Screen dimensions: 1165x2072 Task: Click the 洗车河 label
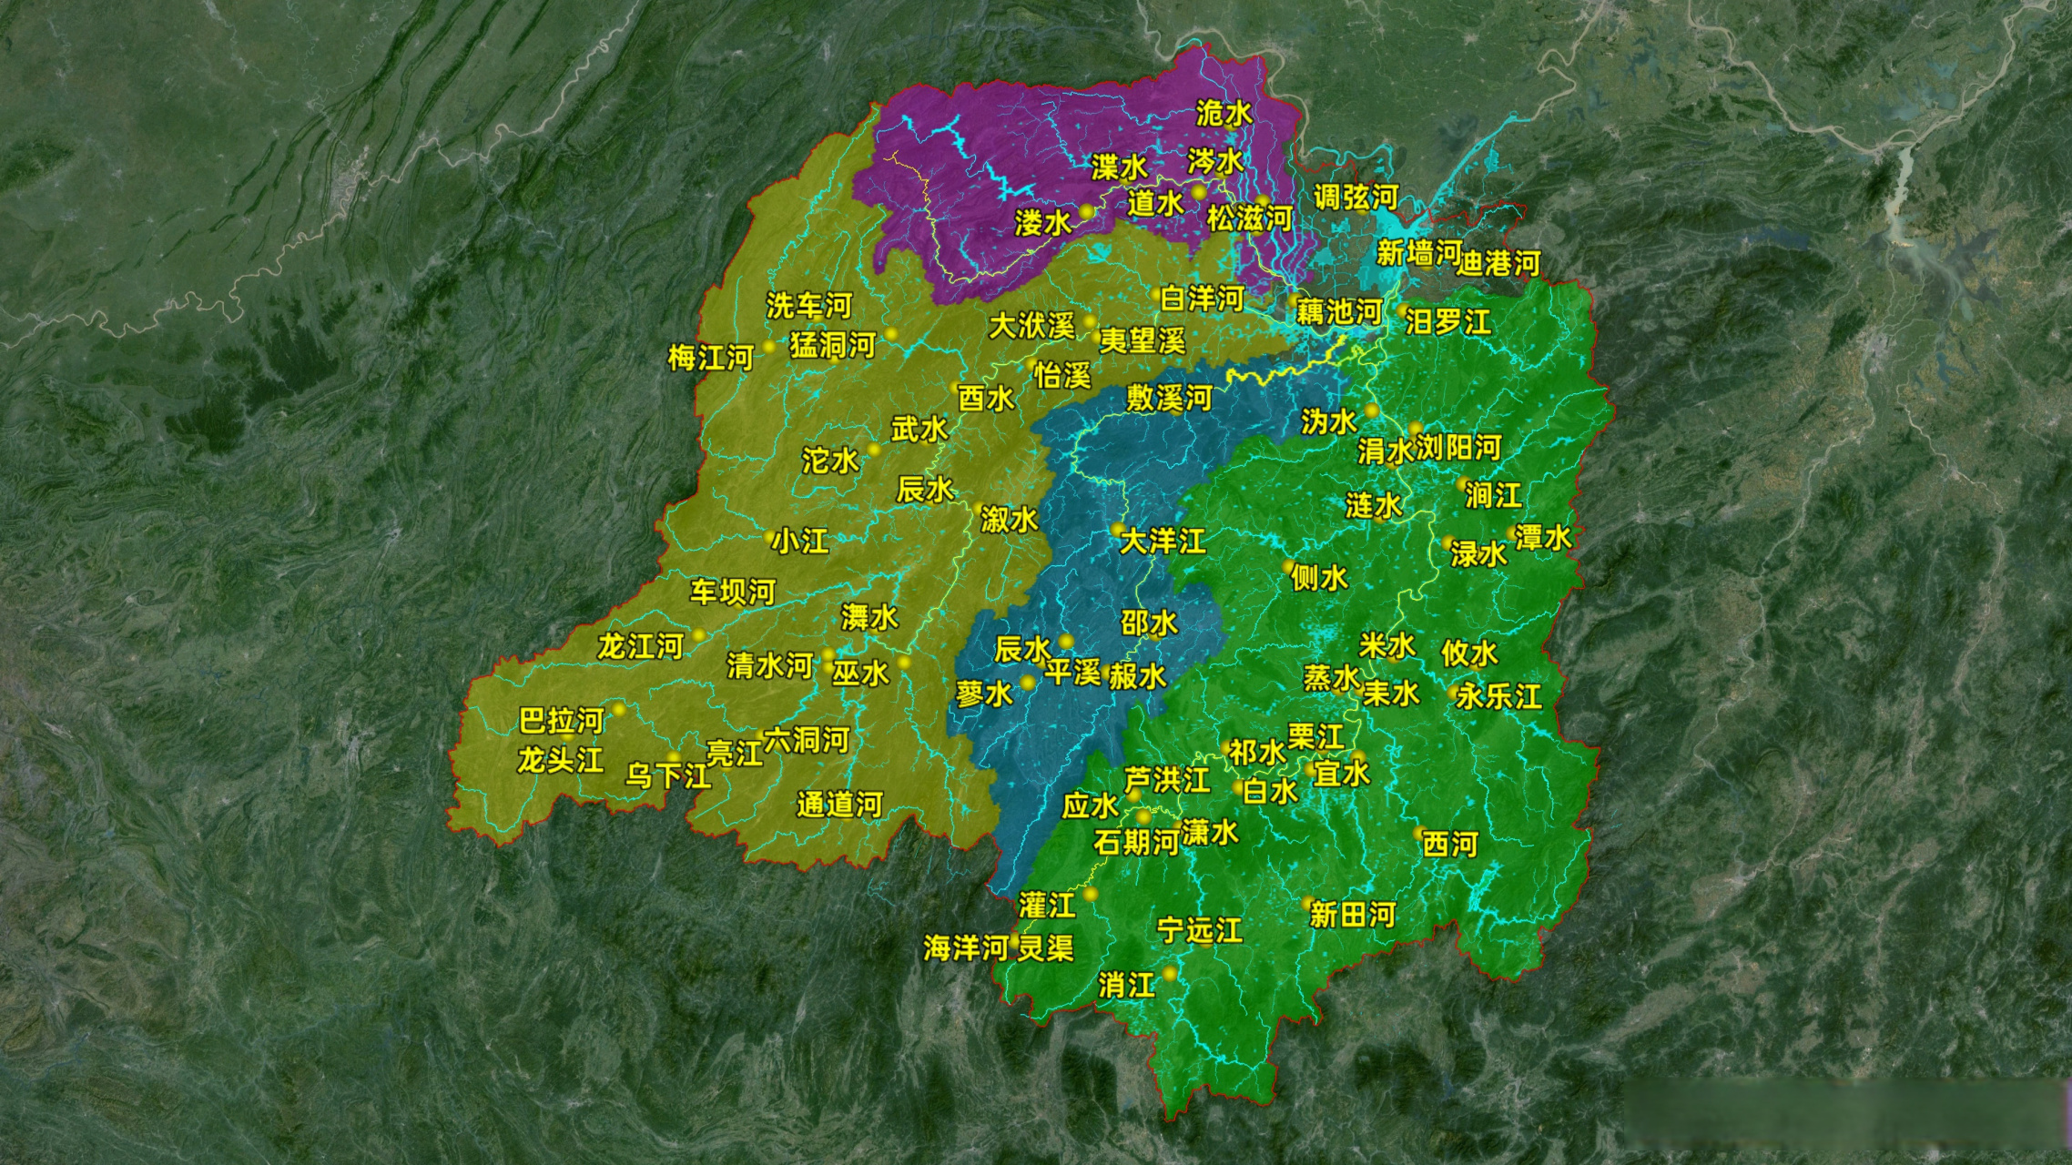click(x=808, y=306)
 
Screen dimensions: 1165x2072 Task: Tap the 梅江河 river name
click(x=710, y=357)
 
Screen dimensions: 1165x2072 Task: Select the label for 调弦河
click(x=1356, y=197)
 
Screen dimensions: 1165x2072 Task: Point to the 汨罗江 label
click(x=1447, y=321)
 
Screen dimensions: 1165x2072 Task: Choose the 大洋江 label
click(x=1163, y=542)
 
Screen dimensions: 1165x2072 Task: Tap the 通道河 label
click(x=839, y=805)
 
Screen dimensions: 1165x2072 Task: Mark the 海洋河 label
click(x=966, y=947)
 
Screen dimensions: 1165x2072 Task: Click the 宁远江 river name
click(x=1199, y=930)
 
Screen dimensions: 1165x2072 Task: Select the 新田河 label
click(x=1352, y=915)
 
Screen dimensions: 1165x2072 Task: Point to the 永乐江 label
click(x=1498, y=697)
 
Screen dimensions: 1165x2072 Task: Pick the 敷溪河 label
click(x=1169, y=398)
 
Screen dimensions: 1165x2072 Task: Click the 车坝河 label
click(x=732, y=593)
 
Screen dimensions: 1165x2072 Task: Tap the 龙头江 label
click(x=560, y=760)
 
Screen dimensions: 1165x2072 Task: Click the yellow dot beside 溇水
click(x=1086, y=211)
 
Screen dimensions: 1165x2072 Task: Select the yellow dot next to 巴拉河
click(x=619, y=709)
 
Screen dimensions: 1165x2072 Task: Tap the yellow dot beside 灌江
click(x=1091, y=895)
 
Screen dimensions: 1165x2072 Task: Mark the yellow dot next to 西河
click(x=1418, y=832)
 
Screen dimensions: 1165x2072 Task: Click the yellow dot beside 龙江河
click(x=699, y=634)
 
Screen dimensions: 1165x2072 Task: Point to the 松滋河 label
click(x=1250, y=218)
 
